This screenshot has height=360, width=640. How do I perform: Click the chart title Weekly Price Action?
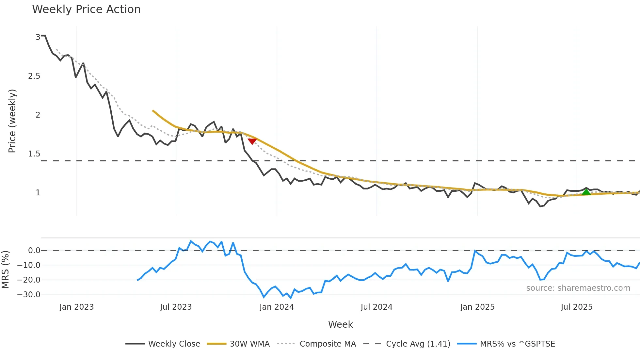point(86,9)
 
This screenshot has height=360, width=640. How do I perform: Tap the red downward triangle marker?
point(252,141)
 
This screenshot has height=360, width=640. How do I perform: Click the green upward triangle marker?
point(586,192)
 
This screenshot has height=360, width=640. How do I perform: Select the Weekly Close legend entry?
point(163,344)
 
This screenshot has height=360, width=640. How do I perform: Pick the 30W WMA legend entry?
point(238,344)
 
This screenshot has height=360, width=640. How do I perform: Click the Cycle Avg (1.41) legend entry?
point(407,344)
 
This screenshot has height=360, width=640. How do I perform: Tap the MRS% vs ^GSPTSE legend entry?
point(506,344)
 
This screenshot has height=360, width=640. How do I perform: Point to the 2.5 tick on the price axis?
point(34,76)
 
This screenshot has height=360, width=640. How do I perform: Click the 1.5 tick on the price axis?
point(34,154)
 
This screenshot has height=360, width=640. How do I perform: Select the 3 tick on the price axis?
point(38,37)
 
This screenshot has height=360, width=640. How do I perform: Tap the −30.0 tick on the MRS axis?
point(29,295)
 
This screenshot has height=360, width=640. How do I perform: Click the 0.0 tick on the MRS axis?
point(34,251)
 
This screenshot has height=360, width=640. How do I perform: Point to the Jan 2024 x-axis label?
point(277,307)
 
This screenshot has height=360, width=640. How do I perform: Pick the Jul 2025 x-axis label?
point(576,307)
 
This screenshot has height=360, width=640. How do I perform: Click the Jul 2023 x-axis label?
point(176,307)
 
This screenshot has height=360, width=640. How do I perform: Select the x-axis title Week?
point(340,324)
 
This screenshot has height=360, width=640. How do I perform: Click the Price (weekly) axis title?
point(12,121)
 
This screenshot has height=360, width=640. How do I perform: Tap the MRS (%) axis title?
point(5,270)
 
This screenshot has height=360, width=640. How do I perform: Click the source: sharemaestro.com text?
point(578,288)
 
